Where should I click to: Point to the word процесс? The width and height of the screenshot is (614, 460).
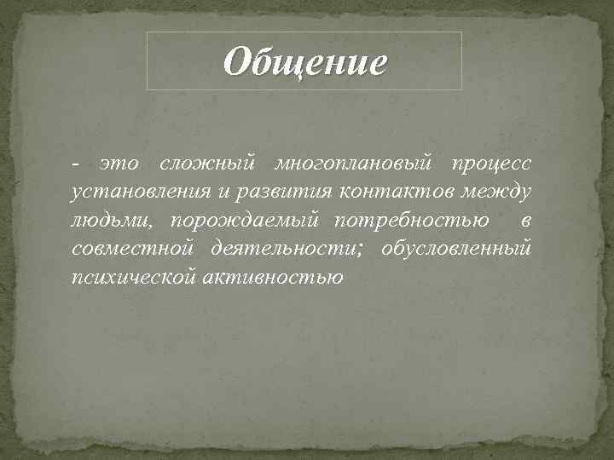tap(495, 164)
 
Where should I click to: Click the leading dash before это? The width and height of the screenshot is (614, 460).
tap(77, 164)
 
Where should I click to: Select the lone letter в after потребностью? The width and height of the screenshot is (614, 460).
tap(526, 221)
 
